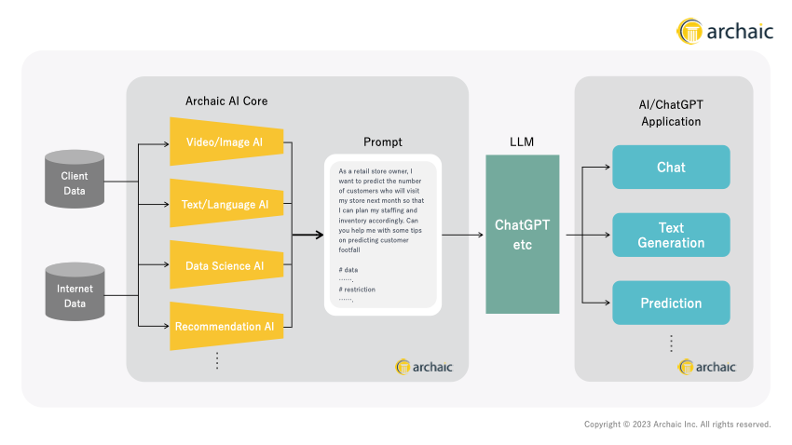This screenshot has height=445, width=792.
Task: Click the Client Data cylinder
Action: click(x=75, y=179)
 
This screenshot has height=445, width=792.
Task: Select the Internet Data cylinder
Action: click(x=75, y=291)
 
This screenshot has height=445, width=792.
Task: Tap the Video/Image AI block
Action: click(x=226, y=142)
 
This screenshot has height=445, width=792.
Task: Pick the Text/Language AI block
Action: click(x=226, y=203)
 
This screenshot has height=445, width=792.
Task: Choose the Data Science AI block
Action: click(x=226, y=265)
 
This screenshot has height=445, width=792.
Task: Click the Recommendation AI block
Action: click(x=226, y=327)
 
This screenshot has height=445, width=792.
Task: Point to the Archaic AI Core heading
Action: click(x=226, y=101)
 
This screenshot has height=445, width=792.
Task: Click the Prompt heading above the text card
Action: click(x=383, y=142)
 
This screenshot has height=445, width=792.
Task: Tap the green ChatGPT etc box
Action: click(x=523, y=234)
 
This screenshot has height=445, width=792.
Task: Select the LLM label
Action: click(x=522, y=142)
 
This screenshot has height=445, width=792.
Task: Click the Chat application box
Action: click(x=671, y=167)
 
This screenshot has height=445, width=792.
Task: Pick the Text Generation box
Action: click(x=671, y=235)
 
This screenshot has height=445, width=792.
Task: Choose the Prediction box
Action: click(x=671, y=303)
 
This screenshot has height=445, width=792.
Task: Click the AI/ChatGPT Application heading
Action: click(x=671, y=113)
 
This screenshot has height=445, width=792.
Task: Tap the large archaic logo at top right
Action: click(x=725, y=32)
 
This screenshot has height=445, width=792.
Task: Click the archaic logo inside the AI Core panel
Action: click(x=424, y=367)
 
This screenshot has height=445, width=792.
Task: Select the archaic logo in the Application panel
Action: click(x=706, y=367)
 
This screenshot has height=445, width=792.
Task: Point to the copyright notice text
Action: click(x=677, y=425)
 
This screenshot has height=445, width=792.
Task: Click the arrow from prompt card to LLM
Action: click(x=463, y=235)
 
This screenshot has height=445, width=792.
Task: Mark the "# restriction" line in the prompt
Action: click(x=357, y=290)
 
